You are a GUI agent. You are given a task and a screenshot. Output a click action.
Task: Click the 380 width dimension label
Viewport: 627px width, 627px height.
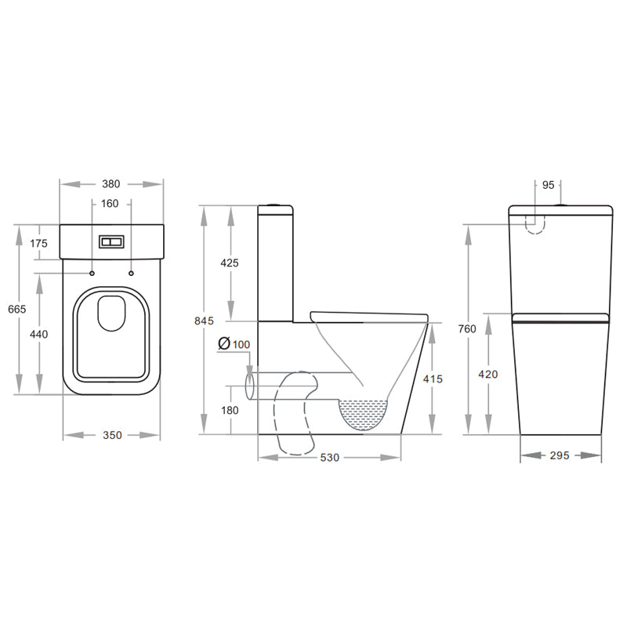[111, 184]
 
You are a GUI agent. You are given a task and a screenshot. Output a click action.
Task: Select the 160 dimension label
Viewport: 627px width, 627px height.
[110, 204]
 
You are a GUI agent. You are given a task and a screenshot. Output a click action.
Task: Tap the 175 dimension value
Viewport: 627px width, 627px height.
[38, 243]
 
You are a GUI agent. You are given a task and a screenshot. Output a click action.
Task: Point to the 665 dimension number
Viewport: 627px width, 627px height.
[16, 309]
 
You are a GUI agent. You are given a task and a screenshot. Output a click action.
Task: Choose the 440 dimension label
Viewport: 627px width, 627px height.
[38, 335]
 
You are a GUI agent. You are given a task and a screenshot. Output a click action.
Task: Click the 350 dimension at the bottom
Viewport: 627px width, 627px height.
[112, 435]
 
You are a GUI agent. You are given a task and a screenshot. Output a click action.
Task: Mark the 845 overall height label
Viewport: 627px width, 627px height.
[204, 321]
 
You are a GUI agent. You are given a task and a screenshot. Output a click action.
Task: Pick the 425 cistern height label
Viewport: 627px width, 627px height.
[230, 263]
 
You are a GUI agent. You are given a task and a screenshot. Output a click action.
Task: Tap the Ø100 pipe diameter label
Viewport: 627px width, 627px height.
[234, 344]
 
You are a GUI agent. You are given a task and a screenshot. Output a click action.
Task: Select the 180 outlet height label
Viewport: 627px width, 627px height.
[230, 410]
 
